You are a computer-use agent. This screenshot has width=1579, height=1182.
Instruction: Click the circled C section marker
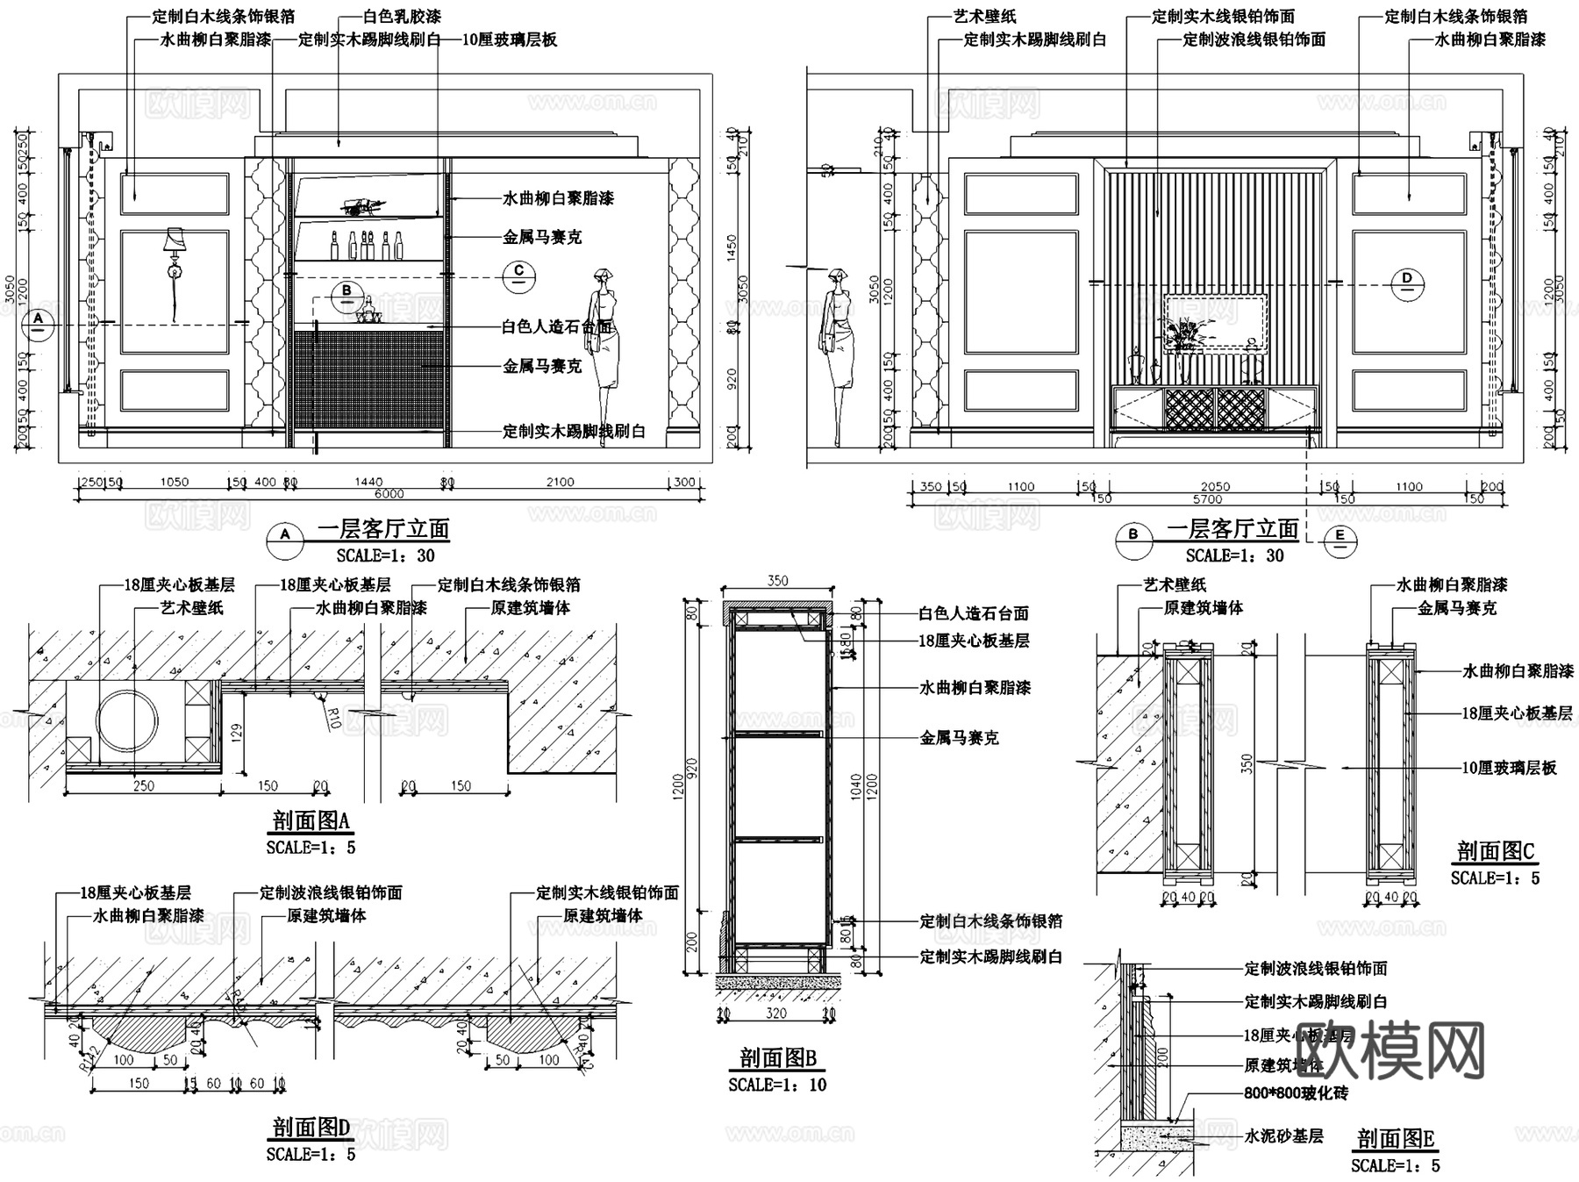click(x=518, y=275)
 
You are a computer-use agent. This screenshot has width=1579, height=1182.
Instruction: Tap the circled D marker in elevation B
click(x=1407, y=283)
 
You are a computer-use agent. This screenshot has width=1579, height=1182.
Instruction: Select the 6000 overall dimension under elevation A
click(x=389, y=495)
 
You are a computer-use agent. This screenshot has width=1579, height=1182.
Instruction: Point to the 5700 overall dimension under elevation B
click(x=1207, y=499)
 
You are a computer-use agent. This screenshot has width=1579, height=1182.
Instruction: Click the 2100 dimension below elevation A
click(x=560, y=482)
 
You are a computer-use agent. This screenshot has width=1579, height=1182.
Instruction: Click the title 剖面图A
click(x=311, y=821)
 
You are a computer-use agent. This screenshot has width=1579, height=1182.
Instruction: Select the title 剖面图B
click(x=777, y=1057)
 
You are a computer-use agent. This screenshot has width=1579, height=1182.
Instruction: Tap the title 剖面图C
click(x=1495, y=851)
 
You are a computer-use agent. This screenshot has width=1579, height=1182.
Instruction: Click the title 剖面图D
click(x=311, y=1128)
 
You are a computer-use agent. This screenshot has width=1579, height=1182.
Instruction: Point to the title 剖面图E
click(x=1395, y=1139)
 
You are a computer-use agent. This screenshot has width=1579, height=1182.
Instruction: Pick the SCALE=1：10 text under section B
click(x=777, y=1085)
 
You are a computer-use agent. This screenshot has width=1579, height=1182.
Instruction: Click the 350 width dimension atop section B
click(x=777, y=581)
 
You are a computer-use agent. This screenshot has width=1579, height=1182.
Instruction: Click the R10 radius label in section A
click(x=332, y=720)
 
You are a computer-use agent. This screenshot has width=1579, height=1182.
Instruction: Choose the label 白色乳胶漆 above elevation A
click(x=402, y=17)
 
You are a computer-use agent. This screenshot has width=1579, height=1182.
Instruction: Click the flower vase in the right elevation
click(x=1184, y=342)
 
